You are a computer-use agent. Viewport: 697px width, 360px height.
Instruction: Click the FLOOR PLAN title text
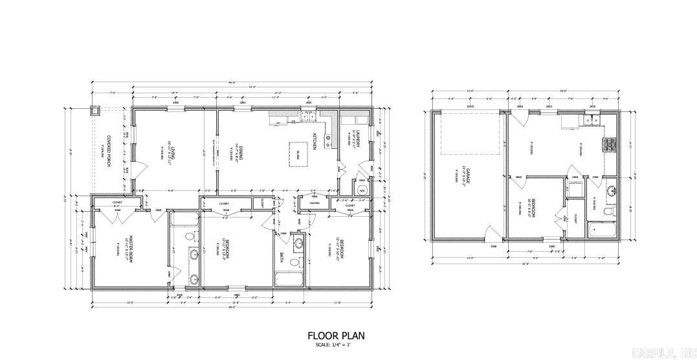[336, 335]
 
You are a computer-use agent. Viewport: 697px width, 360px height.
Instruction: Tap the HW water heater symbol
[362, 190]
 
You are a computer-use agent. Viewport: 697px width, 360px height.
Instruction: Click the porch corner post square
[95, 109]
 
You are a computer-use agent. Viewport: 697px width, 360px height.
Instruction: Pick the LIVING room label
[173, 153]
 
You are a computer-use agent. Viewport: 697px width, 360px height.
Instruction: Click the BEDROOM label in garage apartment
[529, 207]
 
